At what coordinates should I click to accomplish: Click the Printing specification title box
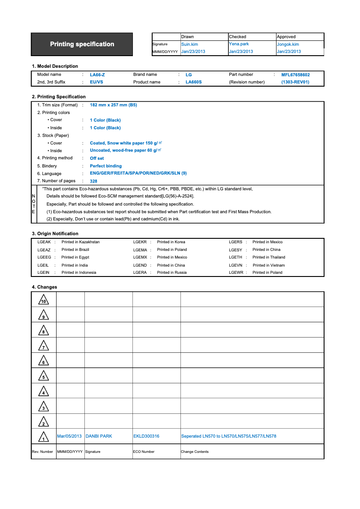click(x=82, y=44)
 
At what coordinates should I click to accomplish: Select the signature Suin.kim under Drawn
click(x=189, y=44)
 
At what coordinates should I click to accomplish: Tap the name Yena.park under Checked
click(x=239, y=44)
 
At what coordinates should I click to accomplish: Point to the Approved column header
click(x=286, y=37)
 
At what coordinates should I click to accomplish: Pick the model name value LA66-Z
click(x=97, y=75)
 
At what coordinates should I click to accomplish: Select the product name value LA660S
click(x=193, y=82)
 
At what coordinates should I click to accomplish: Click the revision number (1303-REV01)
click(x=295, y=82)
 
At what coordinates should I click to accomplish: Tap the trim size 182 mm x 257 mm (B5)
click(x=113, y=105)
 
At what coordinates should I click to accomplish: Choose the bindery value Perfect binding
click(x=105, y=166)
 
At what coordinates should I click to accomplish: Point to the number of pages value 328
click(x=93, y=181)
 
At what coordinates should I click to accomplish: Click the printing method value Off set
click(x=97, y=158)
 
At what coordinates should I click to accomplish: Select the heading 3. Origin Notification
click(x=55, y=233)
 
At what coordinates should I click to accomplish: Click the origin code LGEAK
click(x=44, y=242)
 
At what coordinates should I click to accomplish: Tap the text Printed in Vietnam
click(x=268, y=265)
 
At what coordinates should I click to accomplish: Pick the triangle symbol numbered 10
click(x=43, y=300)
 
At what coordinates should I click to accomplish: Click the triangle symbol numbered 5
click(x=43, y=376)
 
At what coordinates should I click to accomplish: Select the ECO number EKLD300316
click(x=146, y=436)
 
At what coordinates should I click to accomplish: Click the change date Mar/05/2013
click(x=70, y=436)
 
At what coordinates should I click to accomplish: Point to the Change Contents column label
click(x=195, y=452)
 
